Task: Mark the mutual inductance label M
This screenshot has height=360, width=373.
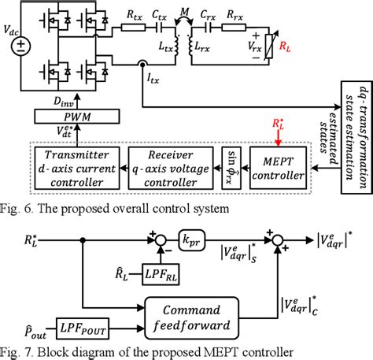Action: (x=186, y=9)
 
